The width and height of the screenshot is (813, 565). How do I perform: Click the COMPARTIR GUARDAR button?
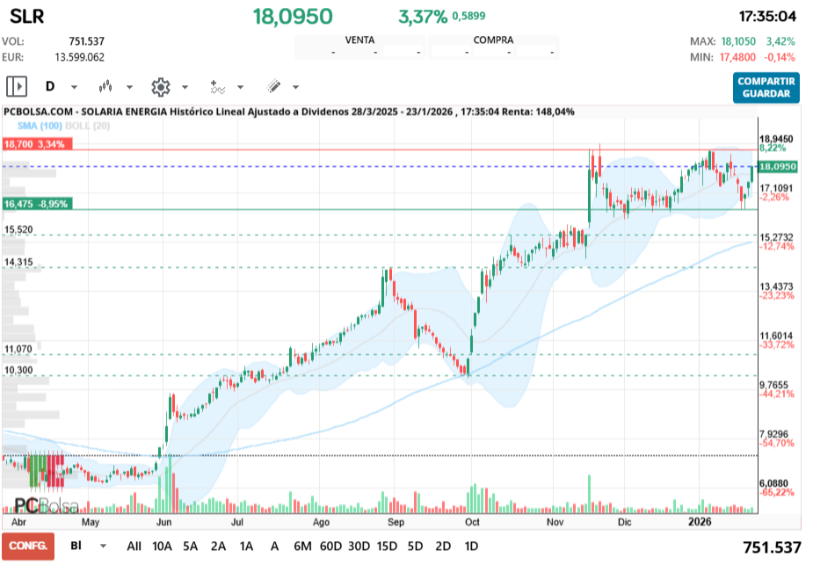(766, 87)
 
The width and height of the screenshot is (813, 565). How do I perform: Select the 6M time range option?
(302, 546)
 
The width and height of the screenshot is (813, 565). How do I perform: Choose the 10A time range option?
(163, 546)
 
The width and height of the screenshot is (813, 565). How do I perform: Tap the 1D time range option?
(471, 546)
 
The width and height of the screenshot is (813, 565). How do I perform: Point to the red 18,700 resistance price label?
(35, 144)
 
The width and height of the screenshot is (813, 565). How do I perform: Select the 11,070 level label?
(18, 349)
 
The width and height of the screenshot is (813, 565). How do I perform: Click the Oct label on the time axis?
(472, 521)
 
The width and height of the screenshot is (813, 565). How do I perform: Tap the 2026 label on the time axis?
(700, 521)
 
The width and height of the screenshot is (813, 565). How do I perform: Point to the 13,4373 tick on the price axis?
(775, 286)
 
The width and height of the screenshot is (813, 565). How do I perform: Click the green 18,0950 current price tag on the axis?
(777, 166)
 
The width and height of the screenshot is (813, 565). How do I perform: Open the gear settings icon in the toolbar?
(160, 86)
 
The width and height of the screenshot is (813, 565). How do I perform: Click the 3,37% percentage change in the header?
(423, 17)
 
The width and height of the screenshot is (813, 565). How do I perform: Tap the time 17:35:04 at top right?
(767, 17)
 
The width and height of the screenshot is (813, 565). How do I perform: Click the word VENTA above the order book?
(359, 40)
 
